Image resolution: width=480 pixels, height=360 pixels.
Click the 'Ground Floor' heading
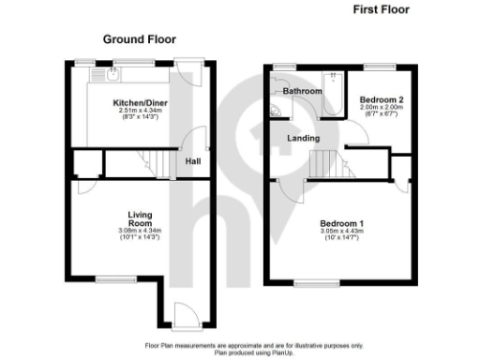coord(140,39)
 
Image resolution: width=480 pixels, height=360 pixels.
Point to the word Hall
coord(193,161)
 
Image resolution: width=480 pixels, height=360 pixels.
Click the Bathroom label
coord(303,92)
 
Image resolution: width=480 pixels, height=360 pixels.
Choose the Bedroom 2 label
coord(382,98)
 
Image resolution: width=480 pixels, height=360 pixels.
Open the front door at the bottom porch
coord(184,319)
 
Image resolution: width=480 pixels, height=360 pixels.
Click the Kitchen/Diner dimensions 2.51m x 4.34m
coord(138,111)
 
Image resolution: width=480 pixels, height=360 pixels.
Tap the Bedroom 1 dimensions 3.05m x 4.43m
coord(342,232)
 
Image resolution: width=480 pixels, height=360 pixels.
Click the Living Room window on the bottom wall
coord(112,277)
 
